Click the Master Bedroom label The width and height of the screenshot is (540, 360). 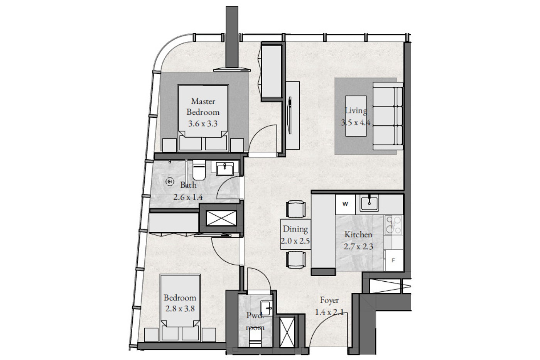(x=203, y=106)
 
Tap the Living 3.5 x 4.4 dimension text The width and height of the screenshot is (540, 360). (x=356, y=122)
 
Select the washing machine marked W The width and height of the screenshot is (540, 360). (x=345, y=205)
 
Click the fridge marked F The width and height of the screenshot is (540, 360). (x=394, y=260)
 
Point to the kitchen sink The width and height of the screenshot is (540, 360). (x=369, y=203)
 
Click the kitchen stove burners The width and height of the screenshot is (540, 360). (x=393, y=225)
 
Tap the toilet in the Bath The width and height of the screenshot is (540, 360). (x=199, y=170)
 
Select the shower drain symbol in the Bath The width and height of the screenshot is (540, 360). (x=170, y=182)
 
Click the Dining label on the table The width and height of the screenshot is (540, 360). (x=295, y=229)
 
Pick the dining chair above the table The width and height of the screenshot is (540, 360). (x=296, y=209)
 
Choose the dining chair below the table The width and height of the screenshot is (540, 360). (x=296, y=260)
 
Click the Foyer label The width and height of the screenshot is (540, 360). (x=329, y=300)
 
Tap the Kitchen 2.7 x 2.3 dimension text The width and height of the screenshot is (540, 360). (x=358, y=247)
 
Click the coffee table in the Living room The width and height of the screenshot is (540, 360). (x=356, y=116)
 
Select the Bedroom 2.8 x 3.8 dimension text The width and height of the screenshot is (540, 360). (x=180, y=309)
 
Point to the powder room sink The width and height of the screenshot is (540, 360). (x=267, y=308)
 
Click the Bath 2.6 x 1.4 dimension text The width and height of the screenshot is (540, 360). (x=188, y=197)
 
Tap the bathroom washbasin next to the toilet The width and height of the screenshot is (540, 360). (x=224, y=169)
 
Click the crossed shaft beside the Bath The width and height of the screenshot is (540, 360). (x=221, y=218)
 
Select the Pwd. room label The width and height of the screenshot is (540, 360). (x=255, y=321)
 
